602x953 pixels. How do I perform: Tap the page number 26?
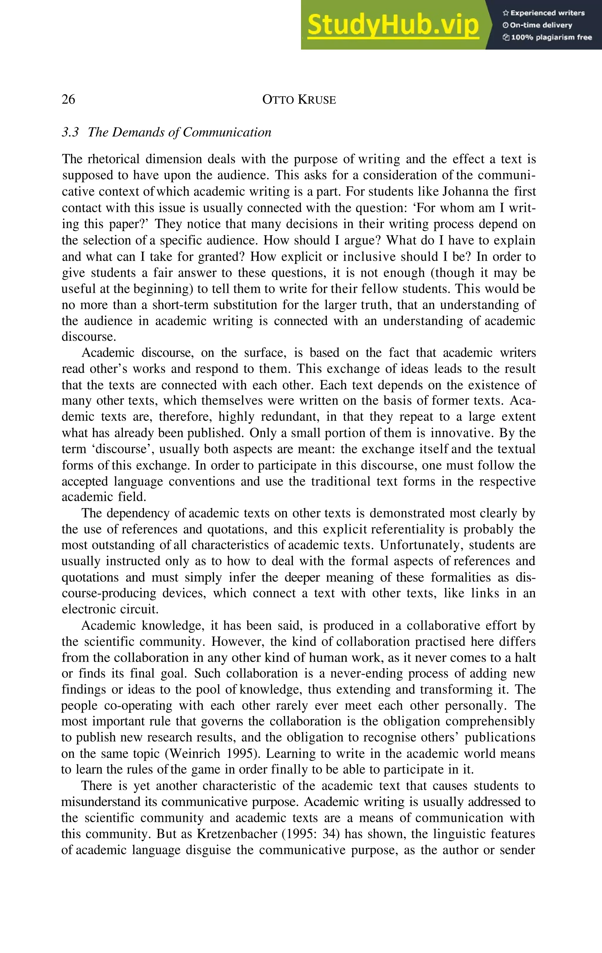pos(68,99)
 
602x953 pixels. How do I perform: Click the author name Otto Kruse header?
pos(299,99)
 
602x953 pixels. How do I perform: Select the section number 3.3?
pos(71,132)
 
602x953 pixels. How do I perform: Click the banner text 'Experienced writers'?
pos(547,13)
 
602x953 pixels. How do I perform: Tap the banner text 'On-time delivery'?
pos(541,25)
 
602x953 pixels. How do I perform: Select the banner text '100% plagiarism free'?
pos(551,38)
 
